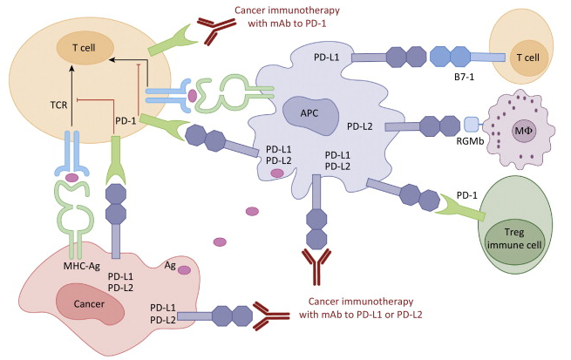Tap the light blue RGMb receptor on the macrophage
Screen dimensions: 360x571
tap(448, 126)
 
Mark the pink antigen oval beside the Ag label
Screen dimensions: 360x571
tap(184, 271)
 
